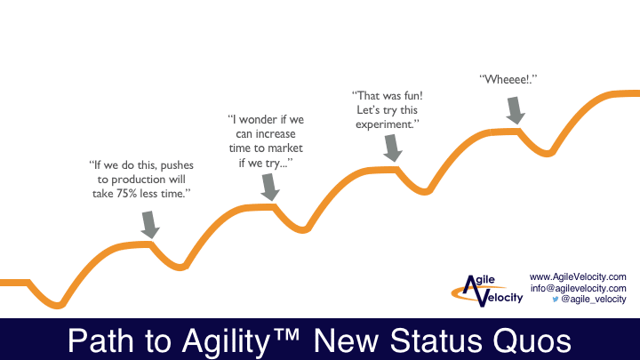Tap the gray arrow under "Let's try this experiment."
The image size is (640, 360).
[x=390, y=148]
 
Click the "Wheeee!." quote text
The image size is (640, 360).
[x=508, y=79]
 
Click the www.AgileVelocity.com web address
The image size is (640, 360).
[x=578, y=276]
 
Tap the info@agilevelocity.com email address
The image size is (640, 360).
[x=578, y=288]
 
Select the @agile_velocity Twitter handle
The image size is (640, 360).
[x=593, y=300]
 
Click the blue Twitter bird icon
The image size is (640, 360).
[x=555, y=300]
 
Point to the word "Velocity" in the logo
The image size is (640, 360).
[x=501, y=300]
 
